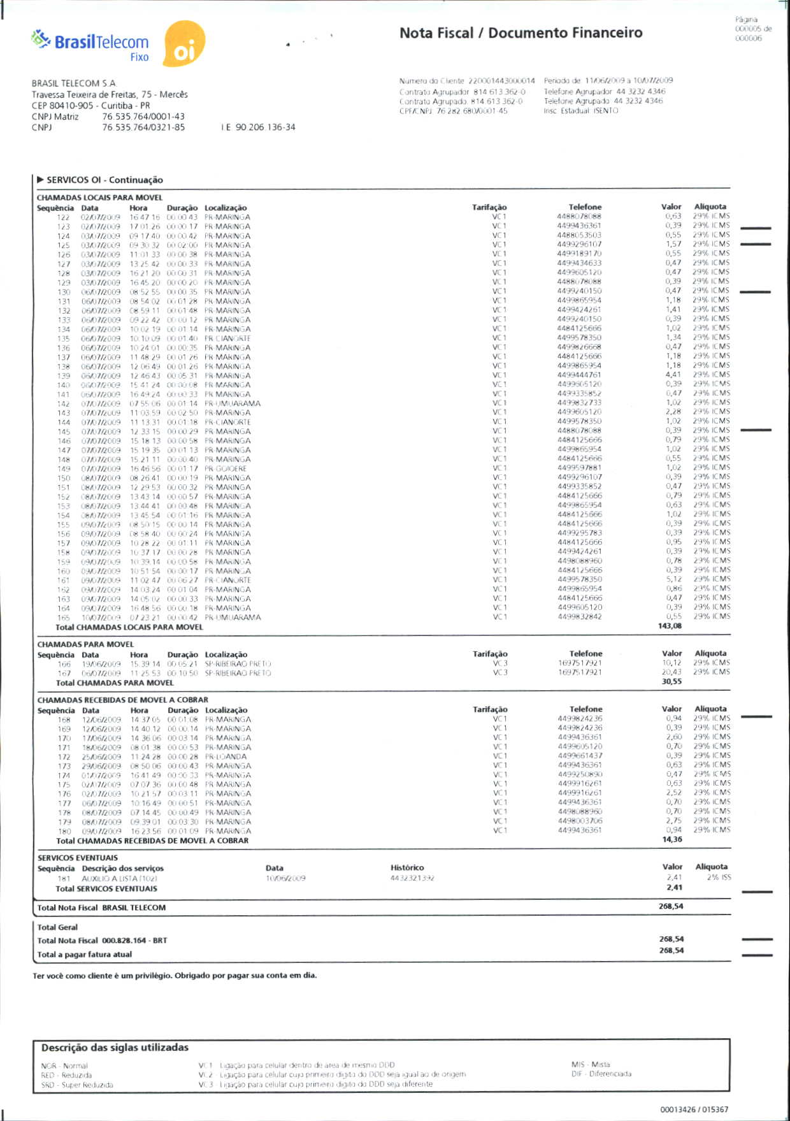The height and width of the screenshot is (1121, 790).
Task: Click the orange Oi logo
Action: (x=184, y=44)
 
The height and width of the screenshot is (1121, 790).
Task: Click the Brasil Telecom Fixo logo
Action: (x=90, y=46)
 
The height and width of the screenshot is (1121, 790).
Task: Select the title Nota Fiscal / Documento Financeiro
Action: (x=521, y=33)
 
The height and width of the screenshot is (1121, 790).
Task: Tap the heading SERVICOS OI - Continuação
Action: (x=104, y=180)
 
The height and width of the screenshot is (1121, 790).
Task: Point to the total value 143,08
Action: (x=670, y=626)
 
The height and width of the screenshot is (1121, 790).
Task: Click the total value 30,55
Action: (x=671, y=681)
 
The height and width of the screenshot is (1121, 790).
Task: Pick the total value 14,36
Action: (x=672, y=839)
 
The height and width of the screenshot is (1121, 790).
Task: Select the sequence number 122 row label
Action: (x=63, y=217)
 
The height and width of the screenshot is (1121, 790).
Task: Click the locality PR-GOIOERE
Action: (x=226, y=468)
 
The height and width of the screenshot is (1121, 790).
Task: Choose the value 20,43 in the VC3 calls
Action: (x=671, y=672)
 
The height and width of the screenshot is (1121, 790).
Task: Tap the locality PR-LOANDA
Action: (x=226, y=756)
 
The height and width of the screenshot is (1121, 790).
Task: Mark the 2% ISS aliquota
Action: (x=719, y=878)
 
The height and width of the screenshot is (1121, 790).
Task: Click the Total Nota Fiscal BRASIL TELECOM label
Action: (x=101, y=908)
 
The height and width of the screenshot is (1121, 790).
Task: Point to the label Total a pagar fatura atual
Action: (x=85, y=954)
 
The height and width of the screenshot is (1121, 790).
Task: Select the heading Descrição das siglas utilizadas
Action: (x=115, y=1047)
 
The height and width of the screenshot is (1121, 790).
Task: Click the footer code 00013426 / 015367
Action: (x=694, y=1110)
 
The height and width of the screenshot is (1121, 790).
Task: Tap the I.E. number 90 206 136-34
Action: (x=258, y=127)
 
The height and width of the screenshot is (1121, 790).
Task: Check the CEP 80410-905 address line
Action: (x=91, y=105)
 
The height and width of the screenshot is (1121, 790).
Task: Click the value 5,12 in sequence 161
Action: (x=674, y=579)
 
